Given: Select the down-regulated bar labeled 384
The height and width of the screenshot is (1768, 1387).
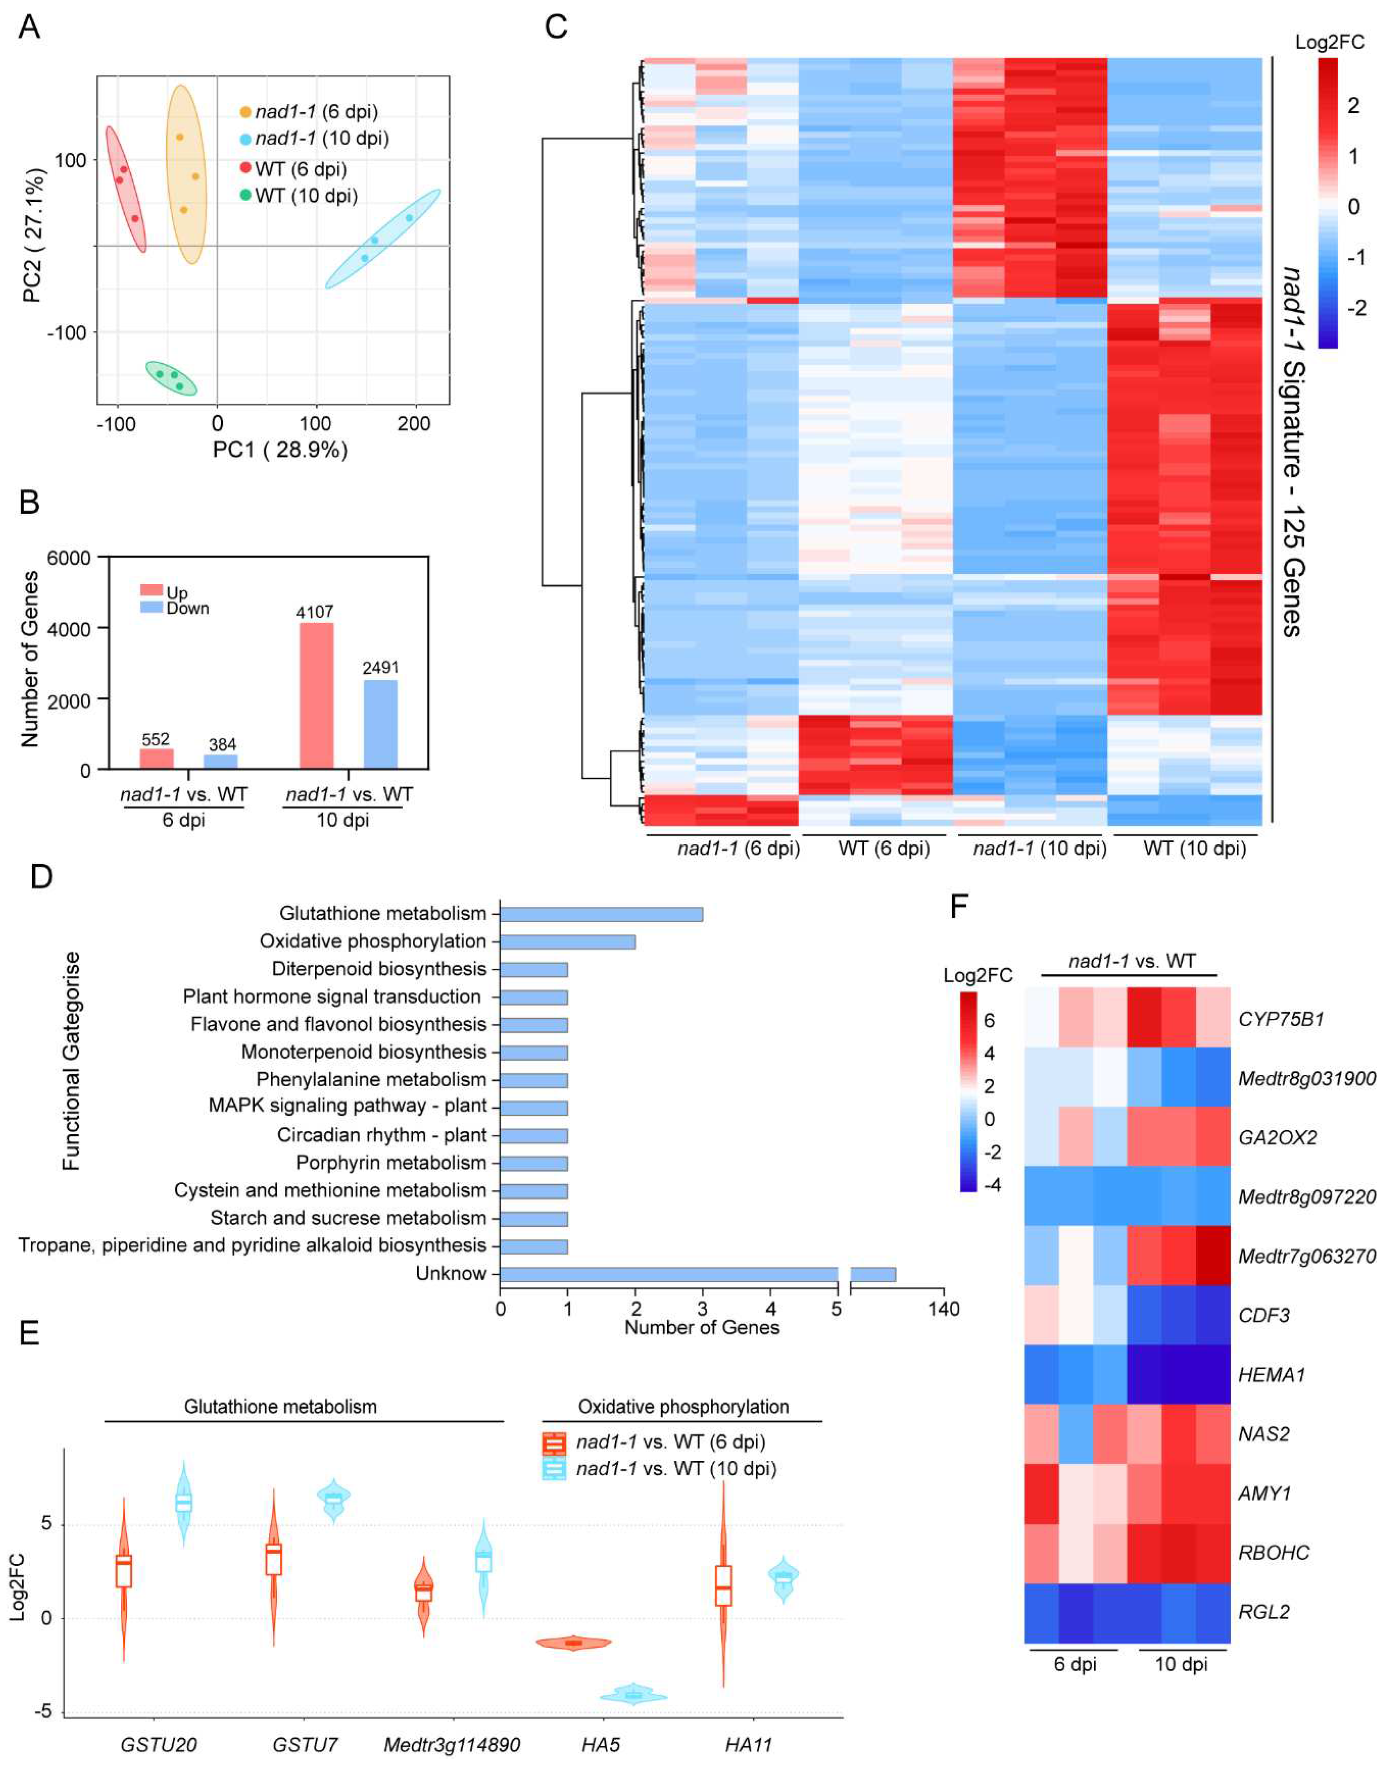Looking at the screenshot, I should point(221,761).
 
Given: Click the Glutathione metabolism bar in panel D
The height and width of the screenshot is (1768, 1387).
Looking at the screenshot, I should point(601,914).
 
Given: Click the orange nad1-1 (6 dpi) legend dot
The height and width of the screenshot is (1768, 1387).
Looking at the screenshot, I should point(245,111).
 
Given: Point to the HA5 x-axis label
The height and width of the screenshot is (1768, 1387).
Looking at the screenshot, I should point(601,1744).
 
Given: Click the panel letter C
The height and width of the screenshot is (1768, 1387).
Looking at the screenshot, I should point(556,28).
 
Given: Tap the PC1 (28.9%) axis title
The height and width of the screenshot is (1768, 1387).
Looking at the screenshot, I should point(280,449).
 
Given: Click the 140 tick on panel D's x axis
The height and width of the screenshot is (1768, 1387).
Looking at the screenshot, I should point(943,1308).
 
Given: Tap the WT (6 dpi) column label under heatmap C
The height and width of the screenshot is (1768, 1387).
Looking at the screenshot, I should point(884,849).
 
